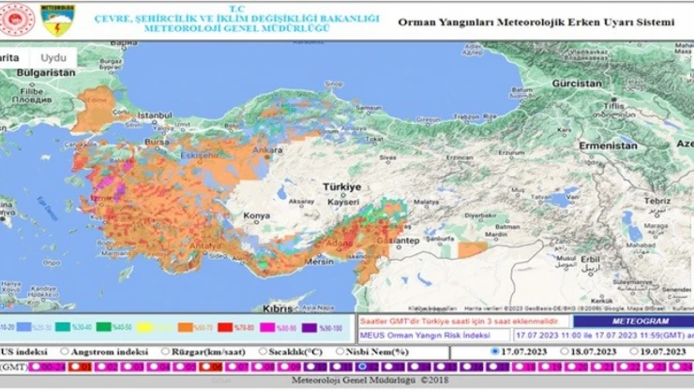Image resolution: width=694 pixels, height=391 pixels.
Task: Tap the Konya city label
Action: pyautogui.click(x=255, y=216)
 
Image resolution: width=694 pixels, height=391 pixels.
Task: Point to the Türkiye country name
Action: pyautogui.click(x=341, y=187)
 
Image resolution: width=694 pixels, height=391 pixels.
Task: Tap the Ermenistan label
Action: pyautogui.click(x=608, y=146)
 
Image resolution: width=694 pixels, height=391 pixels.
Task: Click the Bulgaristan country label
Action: pyautogui.click(x=45, y=71)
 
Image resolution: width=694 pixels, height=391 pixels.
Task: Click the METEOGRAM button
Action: pyautogui.click(x=633, y=321)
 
